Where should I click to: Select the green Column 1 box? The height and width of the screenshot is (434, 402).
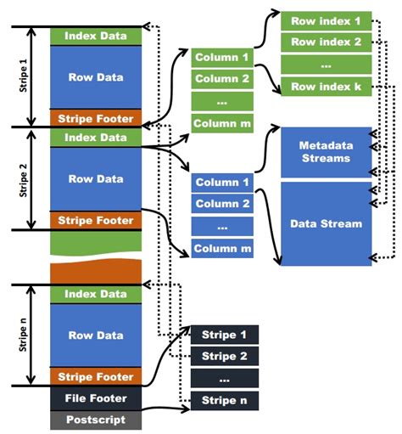(x=222, y=57)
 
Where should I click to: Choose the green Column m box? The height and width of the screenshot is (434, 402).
(x=222, y=123)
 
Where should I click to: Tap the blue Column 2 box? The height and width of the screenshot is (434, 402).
(x=222, y=204)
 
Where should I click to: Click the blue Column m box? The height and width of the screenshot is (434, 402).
(x=222, y=248)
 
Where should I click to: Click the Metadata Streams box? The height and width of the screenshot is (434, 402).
(x=326, y=153)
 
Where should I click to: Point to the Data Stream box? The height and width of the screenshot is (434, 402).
(x=326, y=223)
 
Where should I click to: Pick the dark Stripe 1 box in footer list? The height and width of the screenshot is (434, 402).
(x=224, y=334)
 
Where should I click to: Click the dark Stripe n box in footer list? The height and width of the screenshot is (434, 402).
(x=224, y=400)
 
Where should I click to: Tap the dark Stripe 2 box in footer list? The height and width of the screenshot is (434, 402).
(x=224, y=356)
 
